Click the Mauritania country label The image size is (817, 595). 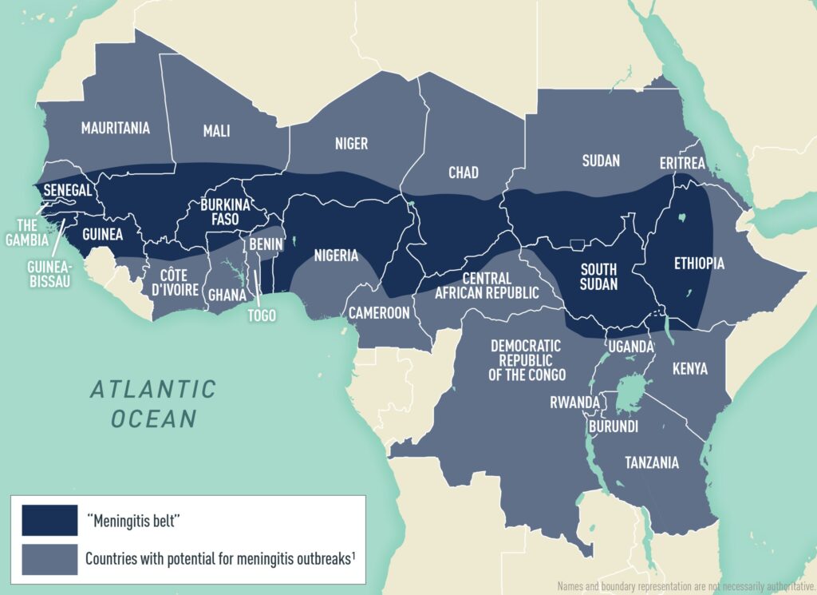[x=115, y=128]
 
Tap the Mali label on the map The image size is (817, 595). [x=216, y=131]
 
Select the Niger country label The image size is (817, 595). [x=351, y=144]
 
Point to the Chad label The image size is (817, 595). [x=464, y=173]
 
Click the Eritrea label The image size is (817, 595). [x=682, y=163]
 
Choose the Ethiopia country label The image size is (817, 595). [x=699, y=263]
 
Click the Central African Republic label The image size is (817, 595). [x=487, y=285]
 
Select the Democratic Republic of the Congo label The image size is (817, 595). [x=526, y=360]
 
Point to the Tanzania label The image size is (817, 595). [x=652, y=462]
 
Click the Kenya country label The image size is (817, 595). [x=689, y=369]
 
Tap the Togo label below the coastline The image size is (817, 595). [x=261, y=315]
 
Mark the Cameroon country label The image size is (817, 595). [x=378, y=312]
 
